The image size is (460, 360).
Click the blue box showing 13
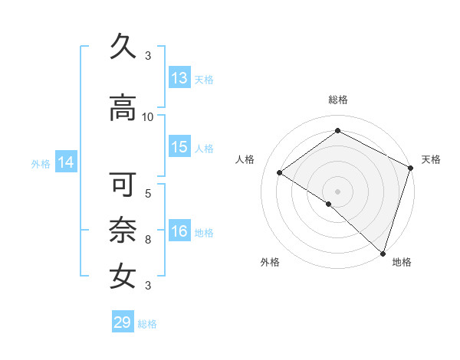[179, 78]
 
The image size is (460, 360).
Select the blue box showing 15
[179, 147]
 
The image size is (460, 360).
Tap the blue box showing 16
[179, 232]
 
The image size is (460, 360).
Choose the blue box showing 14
[66, 162]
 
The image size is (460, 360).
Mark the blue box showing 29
[123, 322]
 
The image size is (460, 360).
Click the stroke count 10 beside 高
[148, 116]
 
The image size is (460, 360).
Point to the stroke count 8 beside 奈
[148, 240]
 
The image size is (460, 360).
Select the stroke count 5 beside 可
[148, 193]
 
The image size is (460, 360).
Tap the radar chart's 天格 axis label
[432, 159]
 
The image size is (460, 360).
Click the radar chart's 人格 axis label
[245, 159]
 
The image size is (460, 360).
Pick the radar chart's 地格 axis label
[402, 263]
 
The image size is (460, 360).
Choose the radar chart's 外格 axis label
[270, 263]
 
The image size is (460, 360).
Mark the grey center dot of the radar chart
[337, 191]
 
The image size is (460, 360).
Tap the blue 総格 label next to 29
[148, 324]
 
